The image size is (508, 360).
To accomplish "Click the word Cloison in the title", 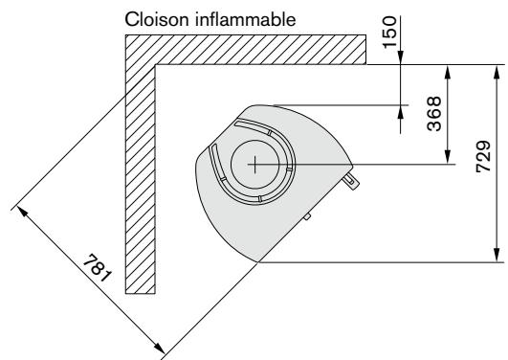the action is tap(157, 19).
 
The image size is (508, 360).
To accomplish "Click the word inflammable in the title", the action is tap(246, 19).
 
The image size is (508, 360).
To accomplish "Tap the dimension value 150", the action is tap(389, 33).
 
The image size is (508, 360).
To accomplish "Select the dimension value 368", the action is tap(434, 113).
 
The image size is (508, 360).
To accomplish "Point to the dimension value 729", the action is tap(483, 156).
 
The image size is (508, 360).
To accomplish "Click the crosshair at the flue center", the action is tap(255, 165).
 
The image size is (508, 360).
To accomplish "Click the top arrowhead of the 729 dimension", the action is tap(497, 72).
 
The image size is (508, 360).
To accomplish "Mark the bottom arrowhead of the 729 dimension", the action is tap(497, 255).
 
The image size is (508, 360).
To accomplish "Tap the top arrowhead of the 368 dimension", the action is tap(448, 72).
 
